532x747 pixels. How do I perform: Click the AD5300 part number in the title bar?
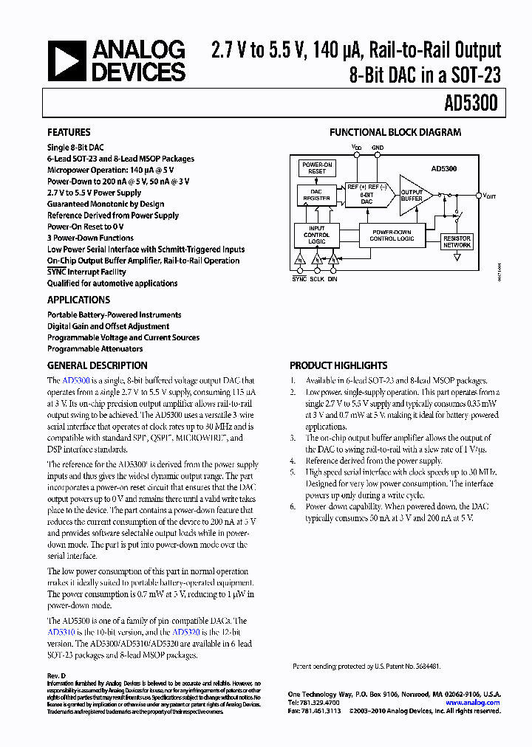[471, 104]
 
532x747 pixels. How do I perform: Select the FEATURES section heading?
[69, 133]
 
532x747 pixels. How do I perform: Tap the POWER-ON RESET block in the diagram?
[317, 168]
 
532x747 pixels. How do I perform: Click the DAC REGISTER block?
[316, 194]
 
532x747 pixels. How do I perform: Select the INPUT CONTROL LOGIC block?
[316, 235]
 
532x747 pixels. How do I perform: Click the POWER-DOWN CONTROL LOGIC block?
[392, 235]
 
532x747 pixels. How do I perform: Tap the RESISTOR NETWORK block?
[457, 242]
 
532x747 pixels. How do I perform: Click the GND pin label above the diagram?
[378, 148]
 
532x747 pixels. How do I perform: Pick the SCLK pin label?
[317, 279]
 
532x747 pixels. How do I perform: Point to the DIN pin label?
[332, 279]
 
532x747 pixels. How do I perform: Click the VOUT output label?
[490, 196]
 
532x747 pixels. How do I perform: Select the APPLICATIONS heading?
[78, 300]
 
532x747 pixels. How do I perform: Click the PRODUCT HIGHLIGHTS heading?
[338, 365]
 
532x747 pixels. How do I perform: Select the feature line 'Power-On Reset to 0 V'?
[86, 227]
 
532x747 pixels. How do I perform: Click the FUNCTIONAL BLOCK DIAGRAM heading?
[395, 133]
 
